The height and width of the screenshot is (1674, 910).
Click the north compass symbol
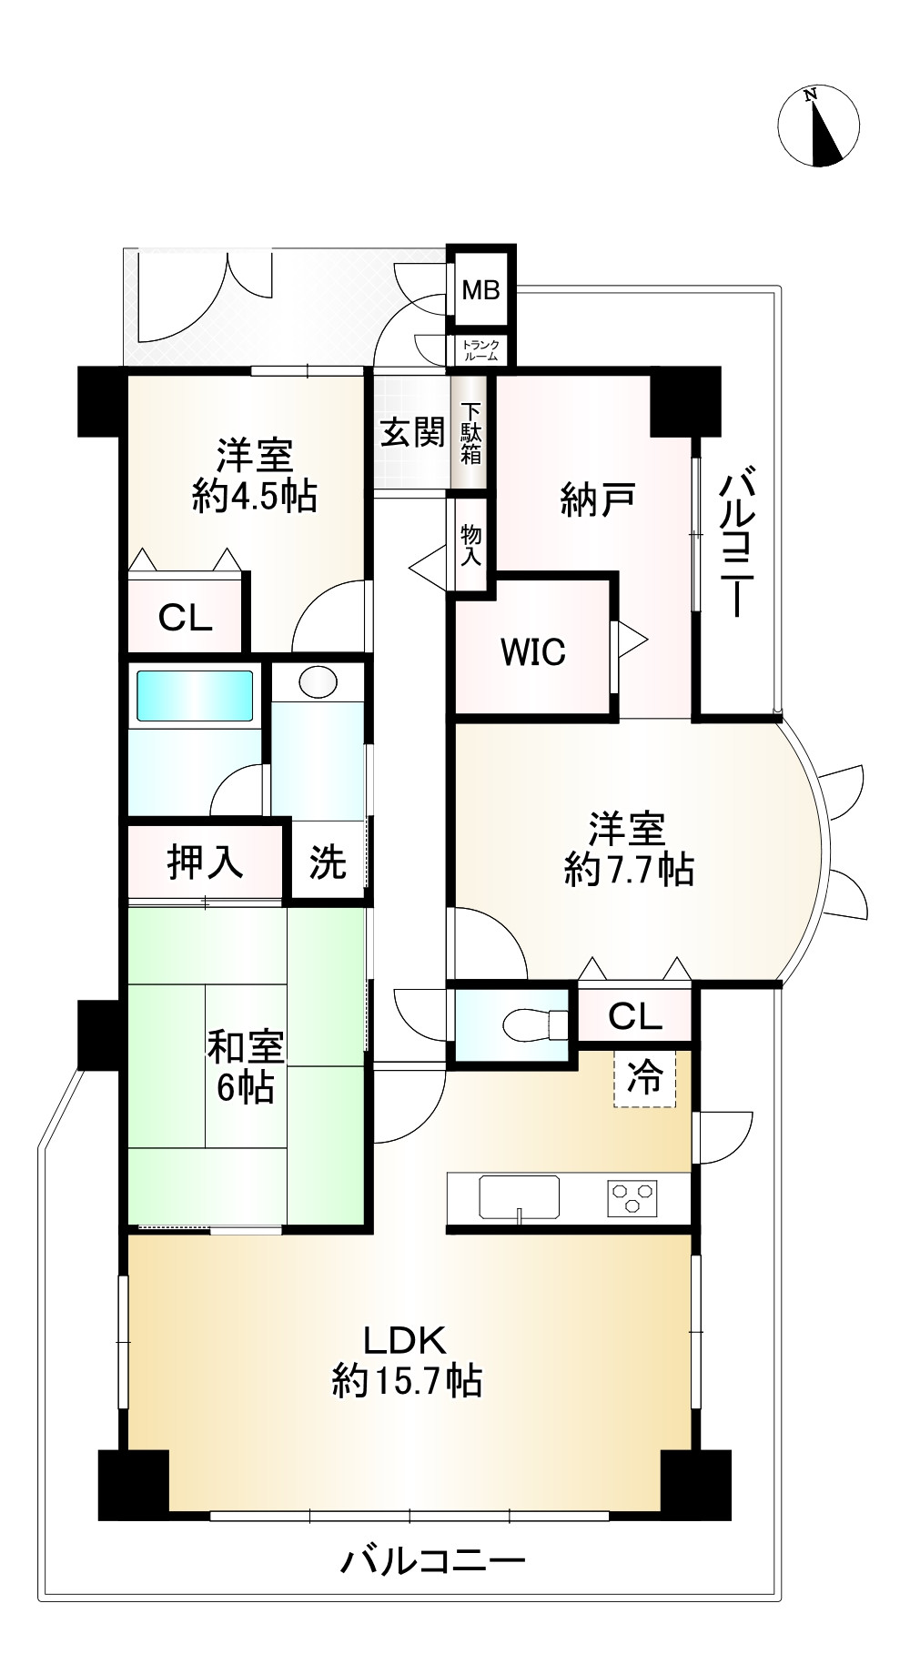[818, 126]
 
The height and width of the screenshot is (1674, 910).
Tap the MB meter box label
[480, 291]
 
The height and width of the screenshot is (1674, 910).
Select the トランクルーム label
[480, 350]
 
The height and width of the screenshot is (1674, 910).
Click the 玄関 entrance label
[411, 432]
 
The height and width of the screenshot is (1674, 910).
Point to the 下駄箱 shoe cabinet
[470, 433]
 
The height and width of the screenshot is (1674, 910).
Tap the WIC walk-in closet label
[533, 652]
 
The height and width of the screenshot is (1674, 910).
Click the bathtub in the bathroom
[194, 696]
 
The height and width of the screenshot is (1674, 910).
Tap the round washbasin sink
[318, 682]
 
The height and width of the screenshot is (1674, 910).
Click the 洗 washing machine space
[328, 862]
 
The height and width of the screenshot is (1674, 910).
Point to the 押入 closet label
[206, 861]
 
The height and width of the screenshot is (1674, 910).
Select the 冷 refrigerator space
[645, 1079]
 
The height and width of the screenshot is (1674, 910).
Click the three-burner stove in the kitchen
[632, 1198]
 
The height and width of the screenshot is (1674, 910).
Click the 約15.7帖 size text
[407, 1381]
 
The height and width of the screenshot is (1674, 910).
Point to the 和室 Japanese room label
[245, 1046]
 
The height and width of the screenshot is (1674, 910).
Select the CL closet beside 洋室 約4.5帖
[185, 619]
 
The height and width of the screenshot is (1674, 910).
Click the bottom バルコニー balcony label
[433, 1562]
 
